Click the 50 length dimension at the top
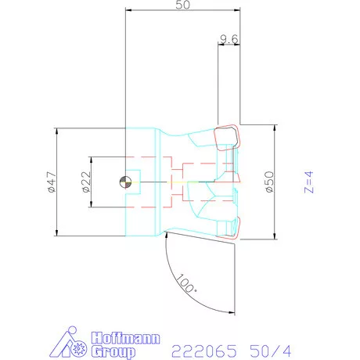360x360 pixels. [182, 5]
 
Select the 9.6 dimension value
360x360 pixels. [229, 39]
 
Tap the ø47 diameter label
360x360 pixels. [52, 182]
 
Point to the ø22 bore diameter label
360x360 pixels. [86, 182]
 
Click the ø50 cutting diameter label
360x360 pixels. [269, 182]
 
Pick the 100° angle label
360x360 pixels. [186, 283]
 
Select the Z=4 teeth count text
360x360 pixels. [309, 182]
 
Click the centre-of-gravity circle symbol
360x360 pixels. [125, 182]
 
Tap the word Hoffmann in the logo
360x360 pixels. [125, 338]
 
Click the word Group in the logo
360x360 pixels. [113, 351]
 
